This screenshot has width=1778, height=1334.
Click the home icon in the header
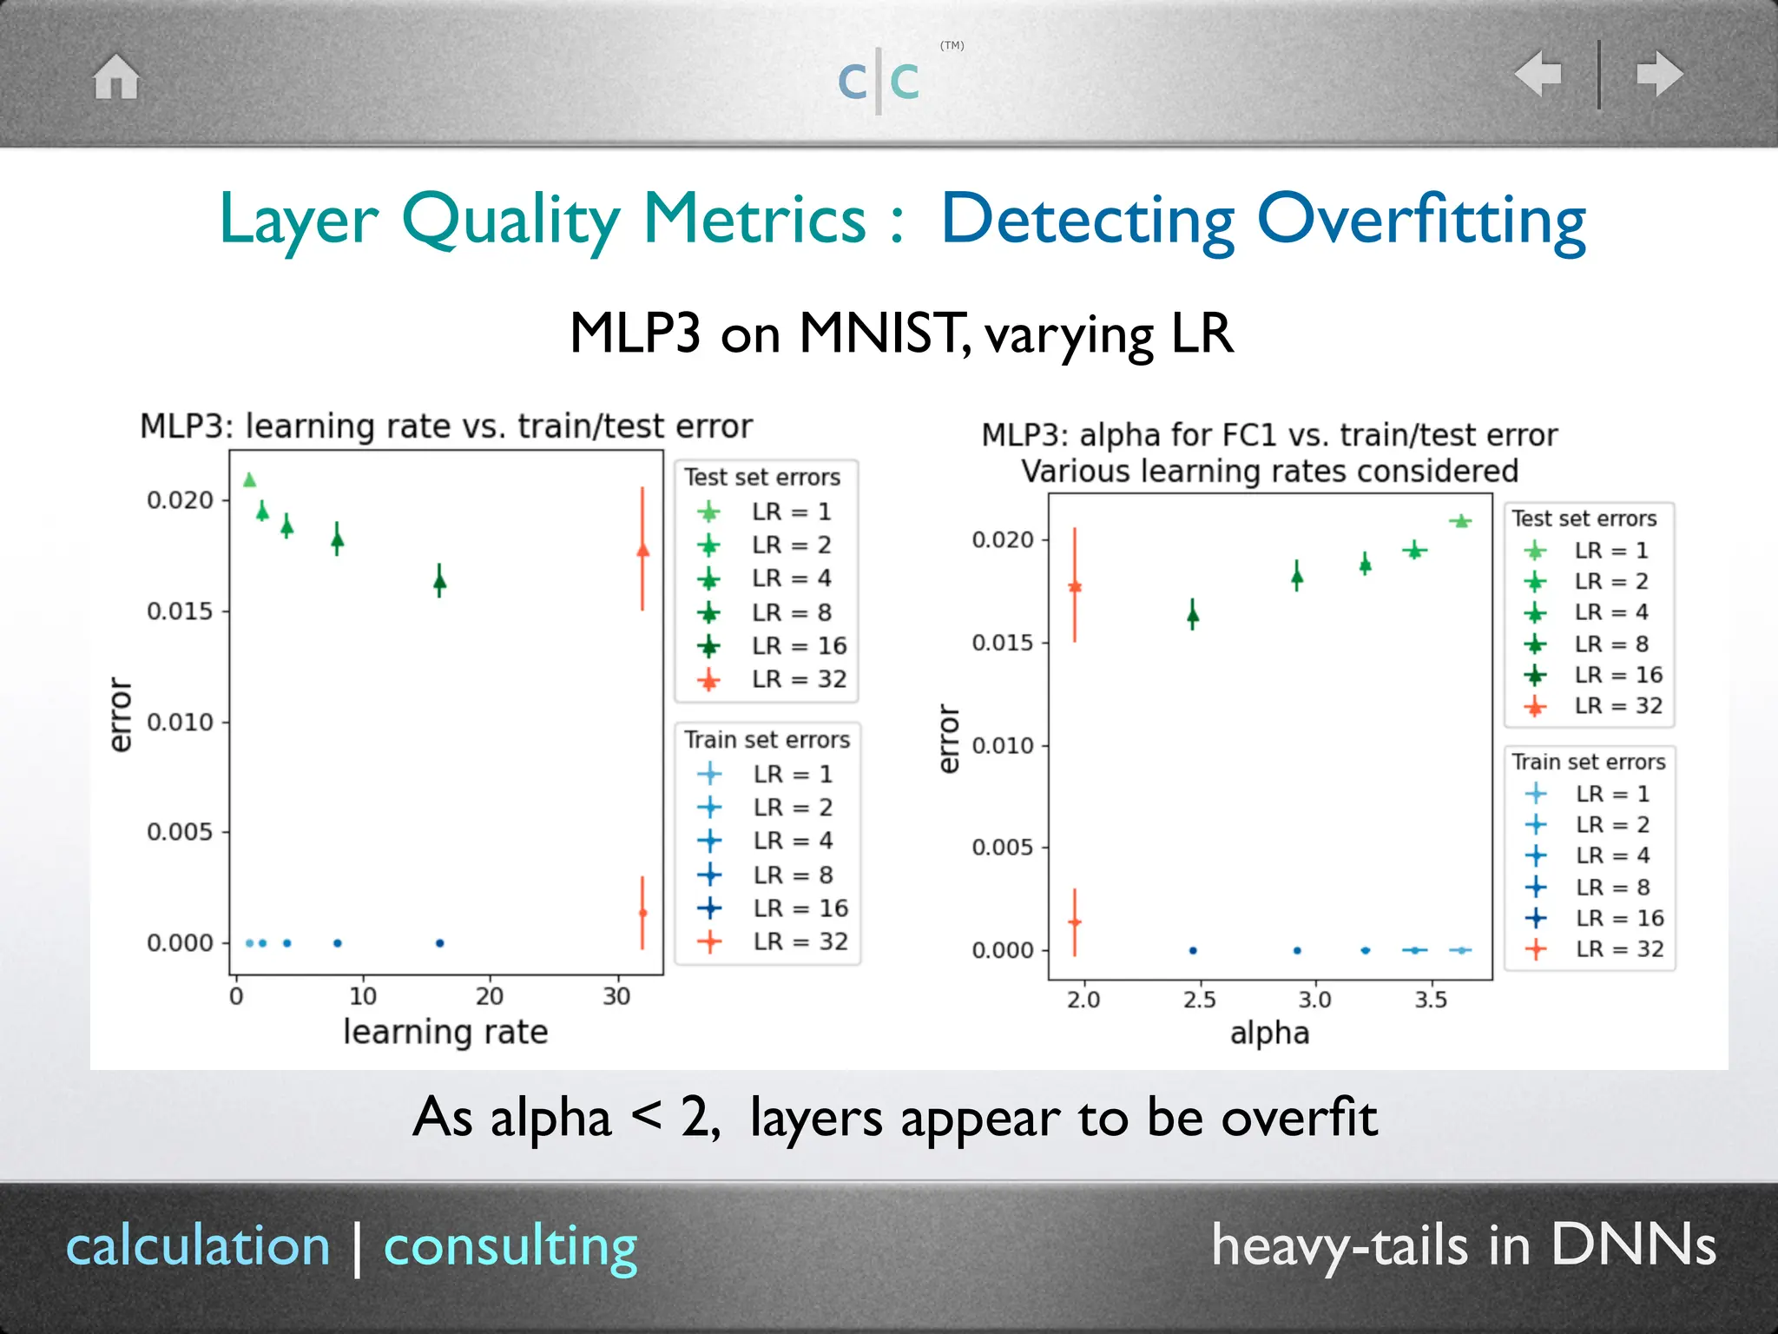point(116,76)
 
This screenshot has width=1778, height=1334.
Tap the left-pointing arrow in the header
point(1538,74)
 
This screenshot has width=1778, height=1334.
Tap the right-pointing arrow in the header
point(1659,74)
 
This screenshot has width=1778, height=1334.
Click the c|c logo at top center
point(879,80)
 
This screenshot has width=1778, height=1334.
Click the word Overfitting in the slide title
point(1421,221)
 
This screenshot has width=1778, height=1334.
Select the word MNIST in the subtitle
point(879,333)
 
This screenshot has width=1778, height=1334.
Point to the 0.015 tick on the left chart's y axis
point(179,611)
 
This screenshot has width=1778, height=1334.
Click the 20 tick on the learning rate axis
point(489,996)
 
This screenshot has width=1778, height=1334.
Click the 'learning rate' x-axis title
point(445,1032)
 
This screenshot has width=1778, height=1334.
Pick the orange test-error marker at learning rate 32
point(642,551)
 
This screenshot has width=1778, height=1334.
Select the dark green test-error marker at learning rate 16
point(439,581)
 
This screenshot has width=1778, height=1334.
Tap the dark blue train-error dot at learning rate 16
point(439,943)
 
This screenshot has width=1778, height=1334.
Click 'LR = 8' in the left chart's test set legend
point(791,612)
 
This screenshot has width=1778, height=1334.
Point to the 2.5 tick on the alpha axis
point(1198,1000)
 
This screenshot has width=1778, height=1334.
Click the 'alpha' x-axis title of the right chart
point(1268,1034)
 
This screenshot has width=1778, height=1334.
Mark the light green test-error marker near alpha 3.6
point(1460,521)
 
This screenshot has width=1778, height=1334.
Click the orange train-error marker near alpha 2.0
point(1075,922)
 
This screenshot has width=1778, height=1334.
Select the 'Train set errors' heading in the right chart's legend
point(1588,762)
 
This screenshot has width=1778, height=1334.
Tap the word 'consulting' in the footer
point(510,1247)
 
